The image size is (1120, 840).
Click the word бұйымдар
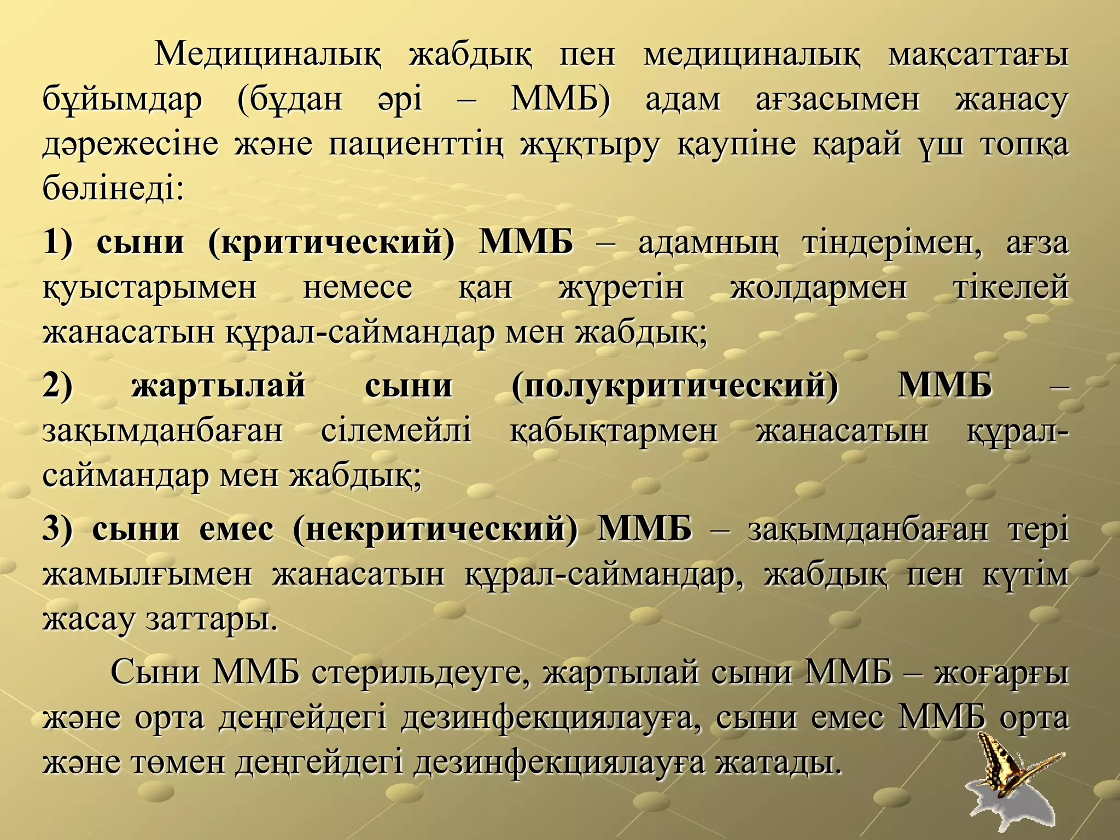tap(122, 101)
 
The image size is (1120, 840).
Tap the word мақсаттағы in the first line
tap(977, 56)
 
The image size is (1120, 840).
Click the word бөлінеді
tap(113, 189)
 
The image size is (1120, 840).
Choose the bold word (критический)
tap(331, 243)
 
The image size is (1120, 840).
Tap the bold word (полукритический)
tap(675, 386)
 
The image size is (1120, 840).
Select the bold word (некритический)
tap(435, 529)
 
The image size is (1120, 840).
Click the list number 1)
tap(57, 243)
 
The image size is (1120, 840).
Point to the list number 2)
tap(57, 386)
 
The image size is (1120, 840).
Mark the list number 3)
tap(57, 529)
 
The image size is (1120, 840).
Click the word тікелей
tap(1011, 288)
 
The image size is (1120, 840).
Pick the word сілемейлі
tap(396, 431)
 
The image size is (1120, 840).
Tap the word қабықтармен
tap(613, 431)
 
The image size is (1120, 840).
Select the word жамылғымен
tap(147, 575)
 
